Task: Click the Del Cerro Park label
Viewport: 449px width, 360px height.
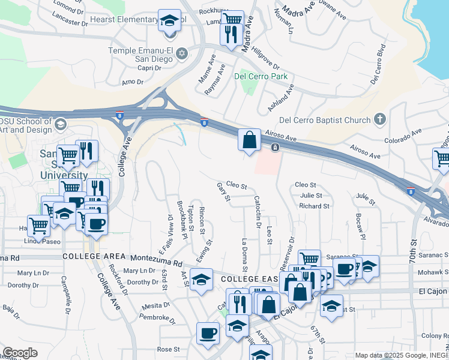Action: point(261,76)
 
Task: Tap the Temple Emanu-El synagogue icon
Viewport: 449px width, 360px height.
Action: point(182,55)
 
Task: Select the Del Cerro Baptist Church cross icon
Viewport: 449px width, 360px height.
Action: point(379,119)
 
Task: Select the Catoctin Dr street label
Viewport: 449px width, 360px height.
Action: point(258,208)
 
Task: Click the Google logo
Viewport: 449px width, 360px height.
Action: point(20,352)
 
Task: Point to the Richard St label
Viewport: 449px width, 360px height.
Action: point(314,206)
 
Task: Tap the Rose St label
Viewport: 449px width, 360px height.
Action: point(168,349)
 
